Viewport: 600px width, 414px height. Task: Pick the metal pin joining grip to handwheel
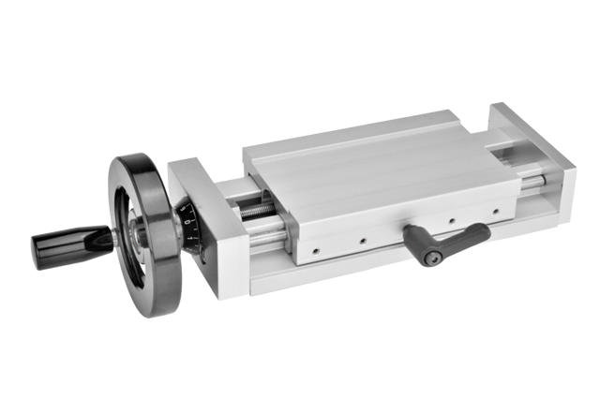[x=111, y=237]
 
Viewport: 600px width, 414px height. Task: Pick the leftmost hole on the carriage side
[x=317, y=250]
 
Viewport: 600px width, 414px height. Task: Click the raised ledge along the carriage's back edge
[x=356, y=131]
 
